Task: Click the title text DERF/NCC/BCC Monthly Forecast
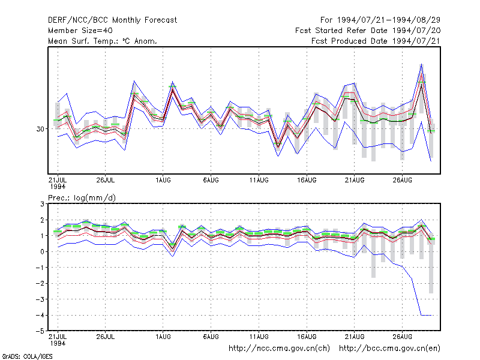point(112,20)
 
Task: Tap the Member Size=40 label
point(80,31)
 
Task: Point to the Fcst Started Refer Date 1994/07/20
point(368,31)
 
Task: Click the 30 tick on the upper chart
point(40,129)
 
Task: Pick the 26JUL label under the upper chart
point(106,180)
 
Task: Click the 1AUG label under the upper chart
point(163,180)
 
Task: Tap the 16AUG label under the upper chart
point(307,180)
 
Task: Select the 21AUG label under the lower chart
point(355,337)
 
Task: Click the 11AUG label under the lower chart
point(259,337)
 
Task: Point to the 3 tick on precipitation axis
point(42,204)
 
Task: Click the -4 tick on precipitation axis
point(40,315)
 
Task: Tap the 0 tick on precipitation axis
point(42,251)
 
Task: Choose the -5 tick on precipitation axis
point(40,331)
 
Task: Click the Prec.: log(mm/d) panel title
point(82,198)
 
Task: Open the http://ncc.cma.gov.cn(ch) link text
point(279,349)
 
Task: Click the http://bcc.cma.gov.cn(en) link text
point(389,349)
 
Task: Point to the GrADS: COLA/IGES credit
point(27,356)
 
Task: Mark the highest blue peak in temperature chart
point(422,64)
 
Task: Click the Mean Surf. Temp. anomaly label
point(102,41)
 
